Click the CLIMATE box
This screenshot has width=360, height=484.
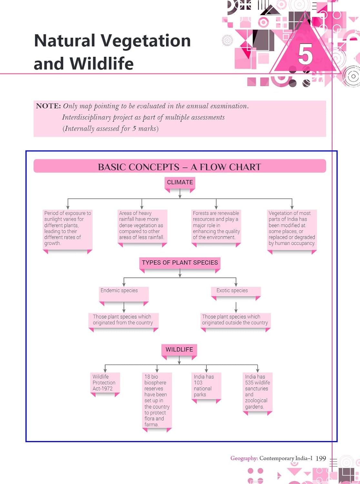click(x=180, y=183)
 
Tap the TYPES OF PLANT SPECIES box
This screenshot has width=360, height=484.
click(x=180, y=263)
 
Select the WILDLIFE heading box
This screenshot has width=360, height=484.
click(x=179, y=350)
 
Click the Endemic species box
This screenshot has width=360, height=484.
click(x=124, y=293)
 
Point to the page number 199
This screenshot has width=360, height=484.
click(x=321, y=458)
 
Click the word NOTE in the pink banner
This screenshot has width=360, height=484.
click(x=48, y=106)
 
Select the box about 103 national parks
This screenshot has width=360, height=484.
click(x=206, y=386)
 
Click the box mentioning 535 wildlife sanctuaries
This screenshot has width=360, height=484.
click(x=257, y=392)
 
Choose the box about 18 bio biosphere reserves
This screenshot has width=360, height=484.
click(x=157, y=400)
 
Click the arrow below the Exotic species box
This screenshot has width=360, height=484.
click(x=236, y=307)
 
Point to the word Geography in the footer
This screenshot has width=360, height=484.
click(x=244, y=458)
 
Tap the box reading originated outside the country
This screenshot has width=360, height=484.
click(x=235, y=320)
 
